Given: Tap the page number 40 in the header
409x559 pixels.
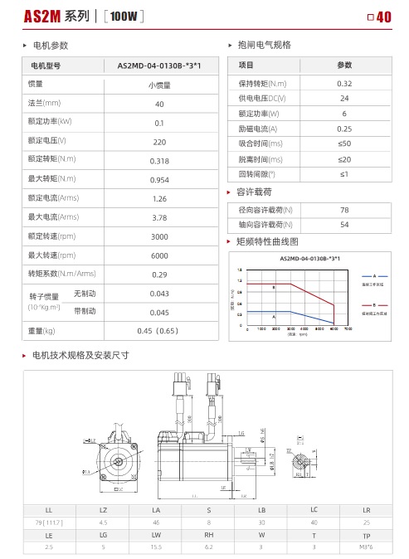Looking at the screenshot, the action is [383, 17].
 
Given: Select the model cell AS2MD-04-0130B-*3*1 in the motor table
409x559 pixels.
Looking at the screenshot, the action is [159, 65].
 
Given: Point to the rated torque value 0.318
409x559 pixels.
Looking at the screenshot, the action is [159, 160].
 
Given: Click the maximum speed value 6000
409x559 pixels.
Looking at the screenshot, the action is [159, 255].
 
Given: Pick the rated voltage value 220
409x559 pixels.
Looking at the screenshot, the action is [159, 141].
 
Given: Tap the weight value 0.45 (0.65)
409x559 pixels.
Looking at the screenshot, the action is [159, 331].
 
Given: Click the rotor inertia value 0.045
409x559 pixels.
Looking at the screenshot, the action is [159, 312].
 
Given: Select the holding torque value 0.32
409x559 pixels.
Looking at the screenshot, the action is [344, 84].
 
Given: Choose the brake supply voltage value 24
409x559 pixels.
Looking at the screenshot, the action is [344, 99].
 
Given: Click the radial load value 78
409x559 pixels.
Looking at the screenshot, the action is [344, 210].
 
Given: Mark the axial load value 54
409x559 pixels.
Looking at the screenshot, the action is [344, 225].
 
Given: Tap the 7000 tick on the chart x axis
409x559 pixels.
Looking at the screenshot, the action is [348, 329].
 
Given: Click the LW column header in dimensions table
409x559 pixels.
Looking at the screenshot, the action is [156, 536].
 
